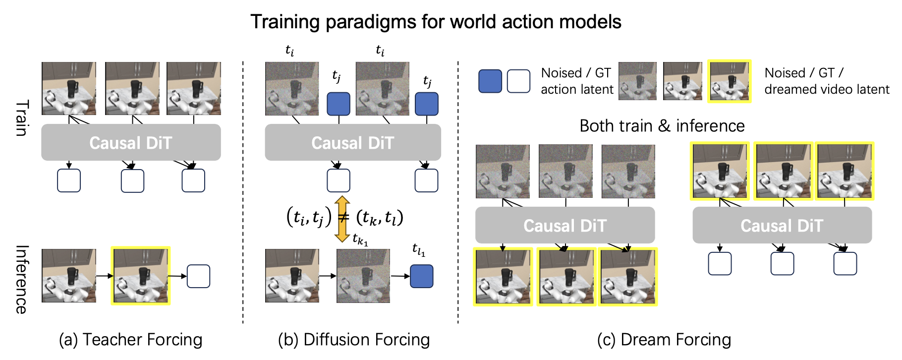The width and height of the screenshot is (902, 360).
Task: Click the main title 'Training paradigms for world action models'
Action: point(436,22)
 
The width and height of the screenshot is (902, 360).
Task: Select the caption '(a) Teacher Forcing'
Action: point(131,340)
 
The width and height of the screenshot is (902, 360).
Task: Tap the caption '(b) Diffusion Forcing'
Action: point(354,340)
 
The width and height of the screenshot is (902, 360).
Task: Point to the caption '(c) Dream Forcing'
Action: point(664,340)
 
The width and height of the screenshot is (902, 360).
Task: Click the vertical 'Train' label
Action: point(22,118)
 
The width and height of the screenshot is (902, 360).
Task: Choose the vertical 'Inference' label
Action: point(22,279)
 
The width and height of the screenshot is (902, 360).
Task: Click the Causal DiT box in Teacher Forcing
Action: point(131,142)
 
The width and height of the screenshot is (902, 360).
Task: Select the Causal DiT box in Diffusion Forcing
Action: point(353,142)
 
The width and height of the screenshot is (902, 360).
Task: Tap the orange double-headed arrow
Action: point(342,219)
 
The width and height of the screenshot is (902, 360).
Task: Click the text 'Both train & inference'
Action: point(662,126)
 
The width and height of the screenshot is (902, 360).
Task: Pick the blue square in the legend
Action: point(490,81)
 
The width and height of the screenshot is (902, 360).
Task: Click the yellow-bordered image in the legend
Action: point(730,81)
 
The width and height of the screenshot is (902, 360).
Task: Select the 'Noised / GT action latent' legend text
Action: point(577,81)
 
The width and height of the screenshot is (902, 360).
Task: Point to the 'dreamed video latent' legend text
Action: point(827,89)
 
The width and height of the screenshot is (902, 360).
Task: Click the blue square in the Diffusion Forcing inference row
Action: point(422,276)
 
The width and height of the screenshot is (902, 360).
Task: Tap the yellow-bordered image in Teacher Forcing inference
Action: point(141,276)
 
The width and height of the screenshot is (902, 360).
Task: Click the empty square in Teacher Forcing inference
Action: point(198,276)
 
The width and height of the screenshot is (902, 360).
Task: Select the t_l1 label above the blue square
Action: point(419,250)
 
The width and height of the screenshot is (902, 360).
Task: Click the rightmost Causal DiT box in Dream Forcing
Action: point(782,225)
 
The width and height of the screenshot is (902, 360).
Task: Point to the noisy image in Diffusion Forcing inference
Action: point(363,276)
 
